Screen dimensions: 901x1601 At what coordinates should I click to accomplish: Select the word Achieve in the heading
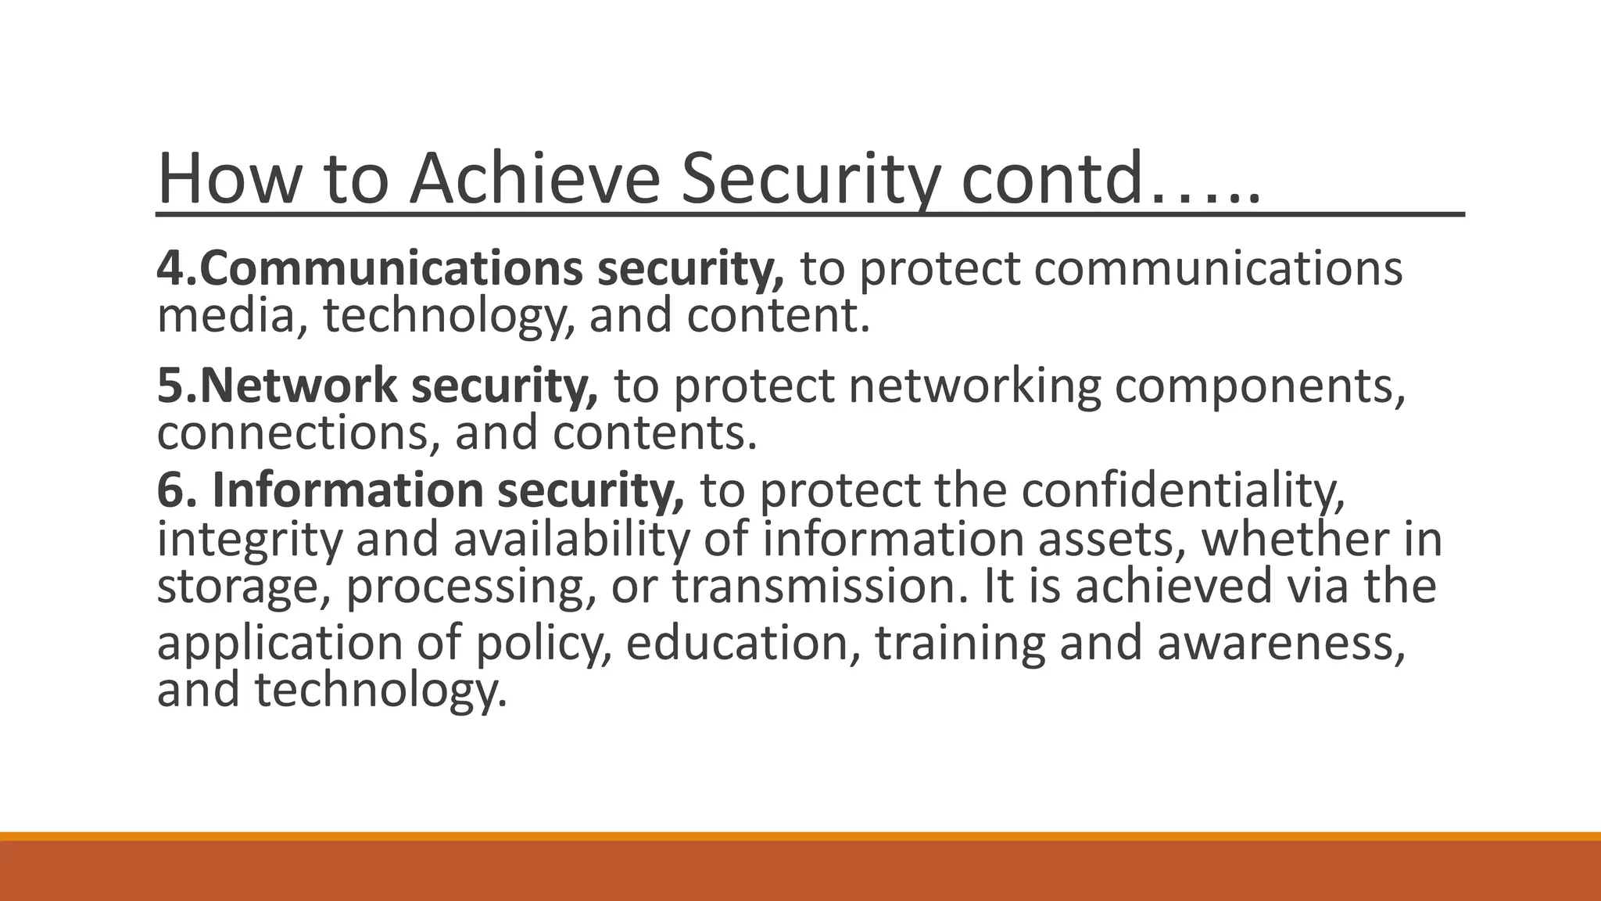[x=535, y=178]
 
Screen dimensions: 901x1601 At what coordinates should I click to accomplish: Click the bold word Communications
[x=391, y=268]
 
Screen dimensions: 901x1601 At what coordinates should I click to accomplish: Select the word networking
[x=974, y=386]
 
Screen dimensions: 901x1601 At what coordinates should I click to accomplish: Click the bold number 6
[x=174, y=491]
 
